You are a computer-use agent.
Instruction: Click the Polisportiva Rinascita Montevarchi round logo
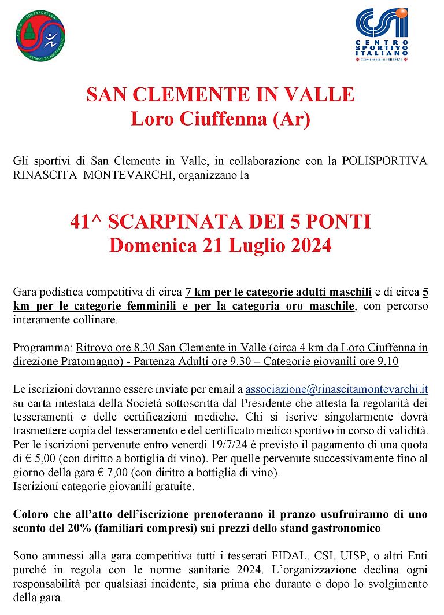[40, 36]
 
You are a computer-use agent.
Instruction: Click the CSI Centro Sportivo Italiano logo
[382, 34]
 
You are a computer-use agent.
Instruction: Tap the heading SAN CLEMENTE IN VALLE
[220, 94]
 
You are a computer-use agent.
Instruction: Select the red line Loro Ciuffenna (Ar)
[220, 119]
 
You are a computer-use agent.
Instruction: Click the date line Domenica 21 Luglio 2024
[220, 245]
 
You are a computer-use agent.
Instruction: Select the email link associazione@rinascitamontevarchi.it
[336, 390]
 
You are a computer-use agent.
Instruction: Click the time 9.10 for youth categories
[387, 362]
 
